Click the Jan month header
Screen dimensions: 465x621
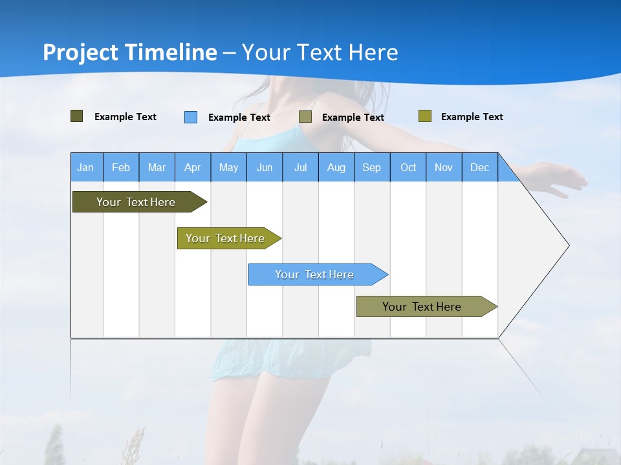[85, 167]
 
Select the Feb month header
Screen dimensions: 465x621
[121, 167]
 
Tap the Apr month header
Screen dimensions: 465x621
[192, 167]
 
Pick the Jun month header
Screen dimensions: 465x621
[265, 167]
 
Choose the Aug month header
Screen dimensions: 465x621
[336, 167]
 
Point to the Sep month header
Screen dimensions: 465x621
[371, 167]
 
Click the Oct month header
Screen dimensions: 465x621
[408, 167]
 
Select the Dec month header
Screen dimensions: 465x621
[479, 167]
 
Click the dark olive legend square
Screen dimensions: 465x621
[77, 116]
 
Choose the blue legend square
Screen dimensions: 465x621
[191, 117]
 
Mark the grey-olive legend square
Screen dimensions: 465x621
[305, 117]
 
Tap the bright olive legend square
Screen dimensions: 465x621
[424, 116]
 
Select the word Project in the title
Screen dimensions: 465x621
[81, 52]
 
